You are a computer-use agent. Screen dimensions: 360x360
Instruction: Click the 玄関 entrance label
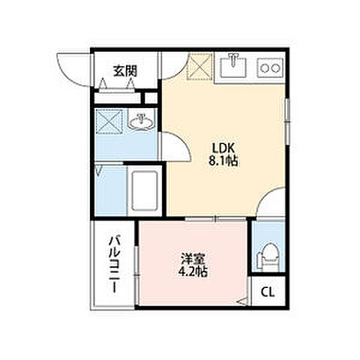pos(125,71)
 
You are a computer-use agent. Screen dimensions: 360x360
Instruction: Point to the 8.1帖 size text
pos(222,160)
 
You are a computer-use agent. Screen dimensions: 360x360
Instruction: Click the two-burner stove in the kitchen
pos(269,69)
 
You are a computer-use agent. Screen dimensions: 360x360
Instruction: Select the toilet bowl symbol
pos(266,257)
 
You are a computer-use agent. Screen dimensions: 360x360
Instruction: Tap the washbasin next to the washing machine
pos(142,119)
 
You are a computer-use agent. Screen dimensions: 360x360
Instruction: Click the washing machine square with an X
pos(109,121)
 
